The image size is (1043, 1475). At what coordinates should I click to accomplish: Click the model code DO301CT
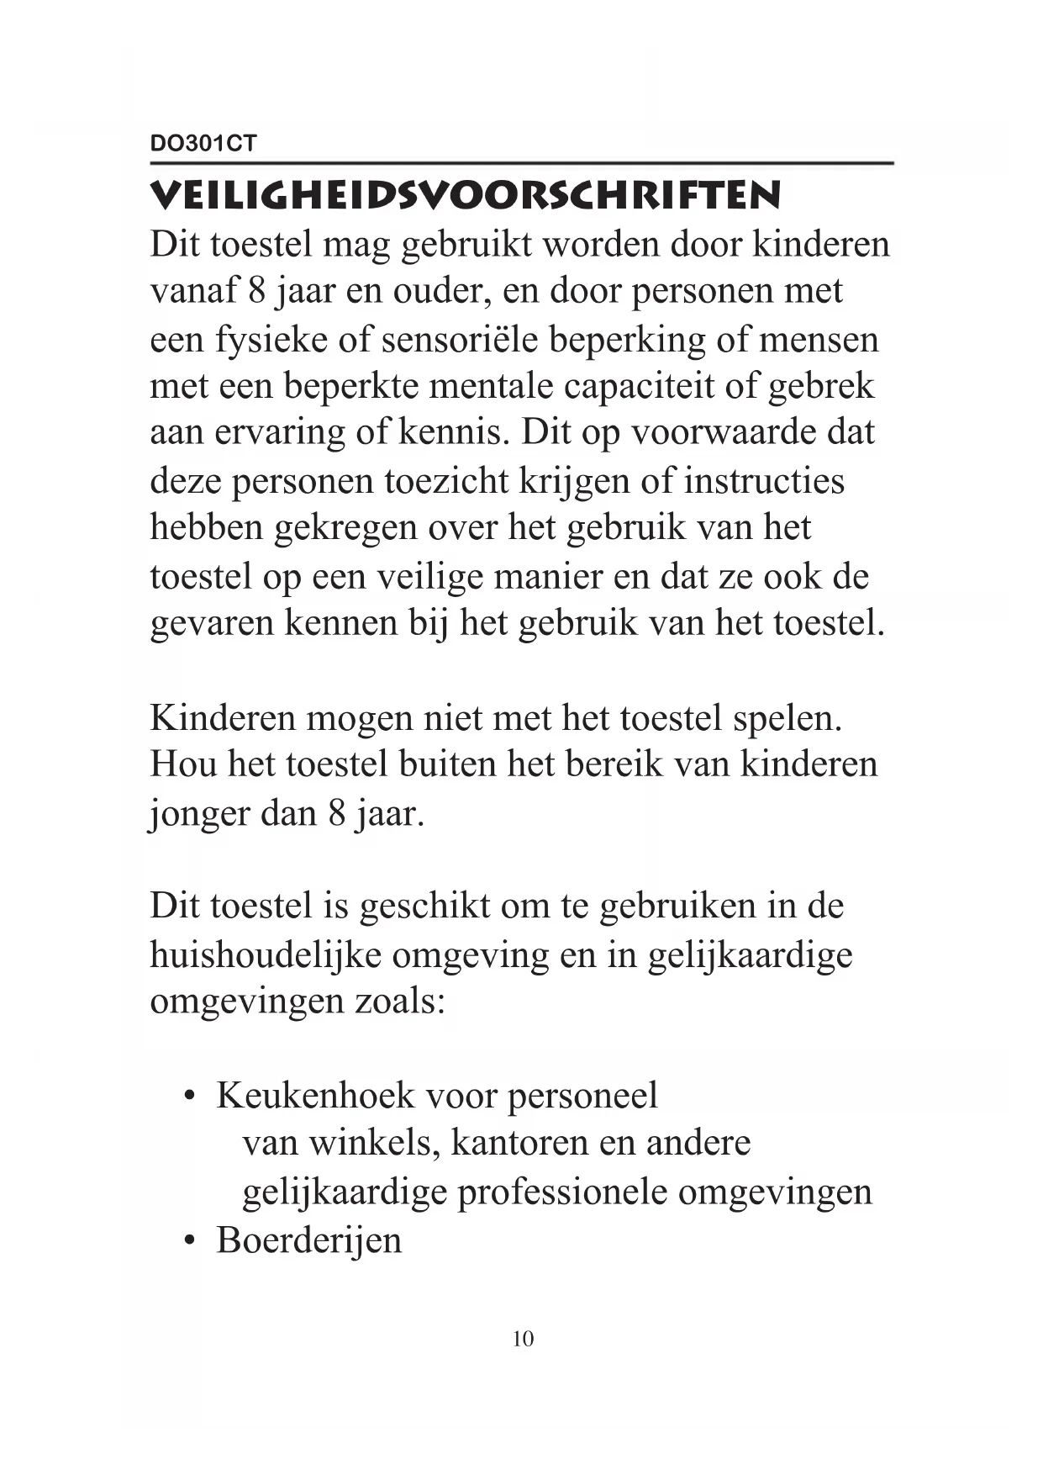203,144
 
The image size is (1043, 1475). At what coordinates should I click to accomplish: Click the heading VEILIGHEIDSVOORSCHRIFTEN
465,195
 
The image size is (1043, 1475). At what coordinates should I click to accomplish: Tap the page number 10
523,1339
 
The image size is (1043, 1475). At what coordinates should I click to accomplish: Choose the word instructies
764,481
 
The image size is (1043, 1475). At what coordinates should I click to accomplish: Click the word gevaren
213,624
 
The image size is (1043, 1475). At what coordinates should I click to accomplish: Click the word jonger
200,813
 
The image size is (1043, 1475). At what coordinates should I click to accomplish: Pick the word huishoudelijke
266,954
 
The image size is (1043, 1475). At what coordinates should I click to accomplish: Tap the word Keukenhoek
316,1096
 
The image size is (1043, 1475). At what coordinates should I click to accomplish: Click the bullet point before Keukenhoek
192,1097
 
